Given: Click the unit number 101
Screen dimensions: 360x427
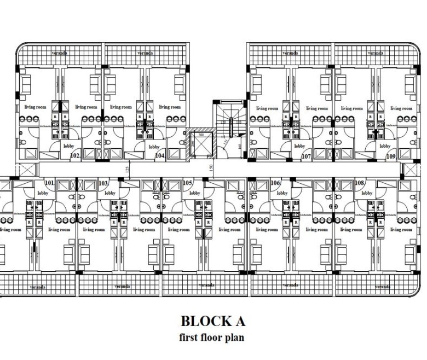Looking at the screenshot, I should (x=49, y=183).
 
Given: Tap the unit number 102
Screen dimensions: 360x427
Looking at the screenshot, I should (x=75, y=156).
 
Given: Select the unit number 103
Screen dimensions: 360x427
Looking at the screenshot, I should (x=103, y=183).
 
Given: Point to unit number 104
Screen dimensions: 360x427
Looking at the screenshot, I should (x=160, y=156).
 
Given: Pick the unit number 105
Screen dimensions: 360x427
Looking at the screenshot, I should (x=188, y=183).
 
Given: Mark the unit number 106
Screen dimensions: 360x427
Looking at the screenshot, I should (x=275, y=183).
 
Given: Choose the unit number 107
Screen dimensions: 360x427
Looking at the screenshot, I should (x=306, y=156).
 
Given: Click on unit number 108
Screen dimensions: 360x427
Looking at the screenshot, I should (x=360, y=183).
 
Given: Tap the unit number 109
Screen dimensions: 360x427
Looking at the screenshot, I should (x=391, y=156).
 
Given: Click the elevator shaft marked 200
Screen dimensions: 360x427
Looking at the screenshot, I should (x=200, y=145).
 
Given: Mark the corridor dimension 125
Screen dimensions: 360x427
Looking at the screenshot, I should (x=128, y=169).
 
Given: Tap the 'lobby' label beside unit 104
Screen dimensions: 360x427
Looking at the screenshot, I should (x=154, y=147).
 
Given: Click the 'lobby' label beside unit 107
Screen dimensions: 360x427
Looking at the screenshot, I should (x=299, y=146).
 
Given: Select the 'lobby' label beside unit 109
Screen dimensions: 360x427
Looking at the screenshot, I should (x=385, y=146).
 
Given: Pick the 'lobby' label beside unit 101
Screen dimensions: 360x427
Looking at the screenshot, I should (x=43, y=193).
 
